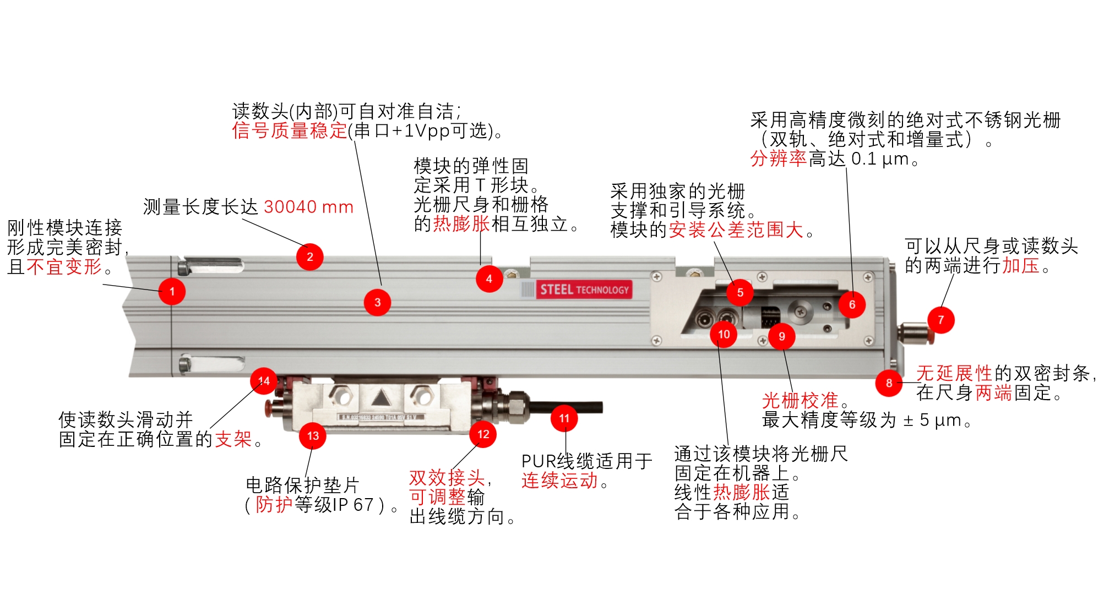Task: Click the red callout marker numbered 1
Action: pyautogui.click(x=172, y=291)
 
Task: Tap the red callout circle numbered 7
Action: pyautogui.click(x=940, y=320)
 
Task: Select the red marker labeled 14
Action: pyautogui.click(x=264, y=381)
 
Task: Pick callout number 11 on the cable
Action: pyautogui.click(x=564, y=418)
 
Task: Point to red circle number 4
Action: pyautogui.click(x=489, y=279)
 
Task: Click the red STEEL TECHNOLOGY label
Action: pyautogui.click(x=584, y=290)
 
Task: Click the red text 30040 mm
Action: pyautogui.click(x=308, y=207)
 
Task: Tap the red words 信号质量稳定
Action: pyautogui.click(x=290, y=131)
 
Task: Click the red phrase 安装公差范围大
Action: pyautogui.click(x=736, y=230)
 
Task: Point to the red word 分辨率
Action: pyautogui.click(x=778, y=159)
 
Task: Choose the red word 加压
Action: pyautogui.click(x=1020, y=265)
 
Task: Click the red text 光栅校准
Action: pyautogui.click(x=800, y=400)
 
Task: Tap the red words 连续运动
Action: pyautogui.click(x=559, y=481)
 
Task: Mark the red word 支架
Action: pyautogui.click(x=233, y=439)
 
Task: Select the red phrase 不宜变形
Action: pyautogui.click(x=64, y=267)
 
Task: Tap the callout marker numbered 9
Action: pyautogui.click(x=781, y=336)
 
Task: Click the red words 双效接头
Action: pyautogui.click(x=447, y=477)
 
